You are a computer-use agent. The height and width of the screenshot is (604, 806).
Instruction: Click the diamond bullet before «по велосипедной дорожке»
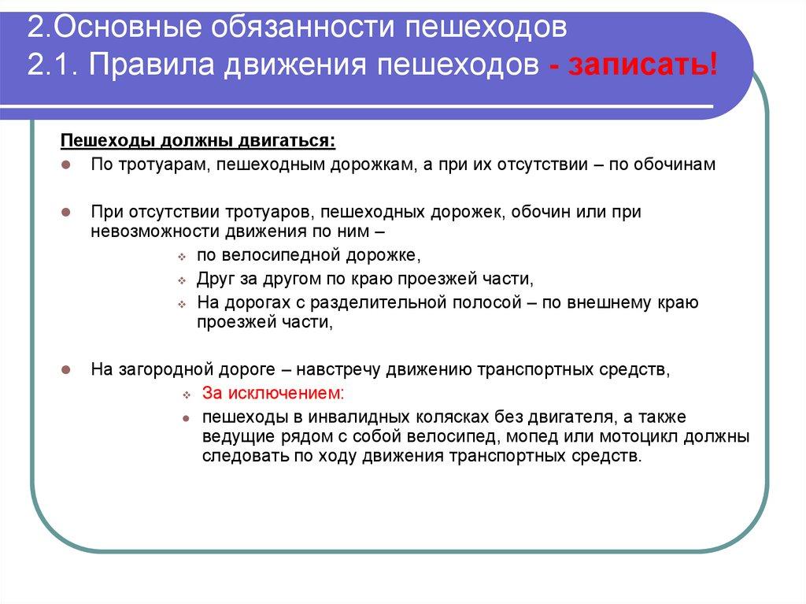point(181,258)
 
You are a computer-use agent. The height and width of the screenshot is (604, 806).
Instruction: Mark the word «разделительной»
point(373,302)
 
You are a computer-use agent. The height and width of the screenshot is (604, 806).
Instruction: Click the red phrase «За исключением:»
point(272,392)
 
